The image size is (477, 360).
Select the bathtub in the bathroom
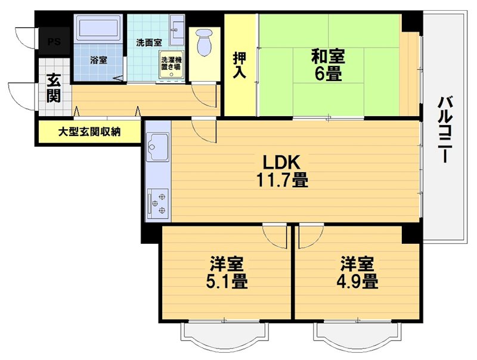[x=99, y=28]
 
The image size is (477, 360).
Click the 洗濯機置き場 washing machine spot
[x=172, y=65]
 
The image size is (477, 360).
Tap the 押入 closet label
[x=239, y=63]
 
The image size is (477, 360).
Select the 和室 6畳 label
[x=327, y=66]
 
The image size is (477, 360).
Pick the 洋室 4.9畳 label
[x=358, y=272]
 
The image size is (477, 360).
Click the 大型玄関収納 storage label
[x=89, y=132]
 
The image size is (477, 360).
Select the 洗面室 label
[x=148, y=43]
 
